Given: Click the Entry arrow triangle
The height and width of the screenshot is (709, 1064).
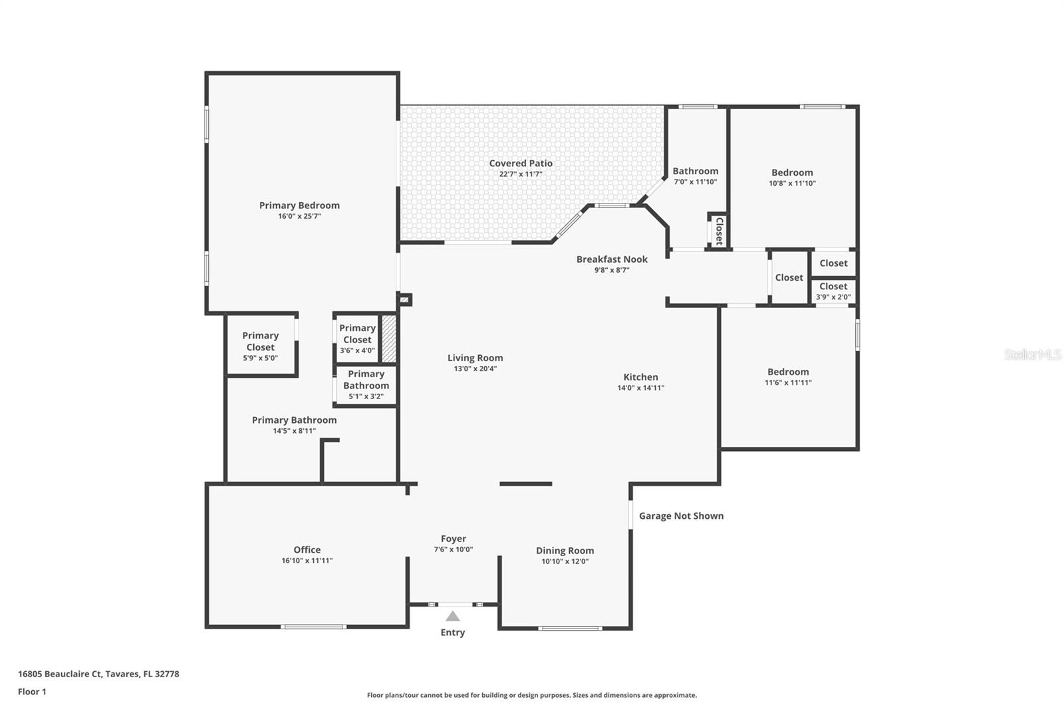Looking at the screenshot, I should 453,617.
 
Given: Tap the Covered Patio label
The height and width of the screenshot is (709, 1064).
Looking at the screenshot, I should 521,163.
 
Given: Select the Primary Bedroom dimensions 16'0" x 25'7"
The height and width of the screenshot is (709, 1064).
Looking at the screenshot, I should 299,216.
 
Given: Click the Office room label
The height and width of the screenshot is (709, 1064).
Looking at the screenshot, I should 307,549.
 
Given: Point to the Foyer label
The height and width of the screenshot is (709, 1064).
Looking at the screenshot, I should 454,539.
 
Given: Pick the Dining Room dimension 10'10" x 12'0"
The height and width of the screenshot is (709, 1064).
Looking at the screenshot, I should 565,561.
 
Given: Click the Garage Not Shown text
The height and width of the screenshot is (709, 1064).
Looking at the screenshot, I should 681,515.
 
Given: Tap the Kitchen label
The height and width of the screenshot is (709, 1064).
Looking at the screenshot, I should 640,377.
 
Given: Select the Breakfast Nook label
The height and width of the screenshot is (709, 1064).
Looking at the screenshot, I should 612,259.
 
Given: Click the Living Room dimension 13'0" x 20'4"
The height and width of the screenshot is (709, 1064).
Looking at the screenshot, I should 475,368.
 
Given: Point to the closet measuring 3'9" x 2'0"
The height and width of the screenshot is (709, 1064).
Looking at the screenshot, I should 833,291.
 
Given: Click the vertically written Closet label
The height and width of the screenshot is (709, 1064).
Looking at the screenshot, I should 719,231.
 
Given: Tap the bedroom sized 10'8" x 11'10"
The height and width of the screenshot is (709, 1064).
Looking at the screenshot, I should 792,177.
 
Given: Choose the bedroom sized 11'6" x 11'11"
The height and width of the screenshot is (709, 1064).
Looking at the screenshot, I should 788,376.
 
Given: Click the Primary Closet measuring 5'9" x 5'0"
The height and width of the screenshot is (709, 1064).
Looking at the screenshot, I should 260,346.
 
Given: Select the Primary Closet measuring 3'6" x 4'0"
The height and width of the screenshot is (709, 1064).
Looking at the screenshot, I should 357,339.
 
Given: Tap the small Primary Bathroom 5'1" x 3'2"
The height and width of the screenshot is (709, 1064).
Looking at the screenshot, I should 366,384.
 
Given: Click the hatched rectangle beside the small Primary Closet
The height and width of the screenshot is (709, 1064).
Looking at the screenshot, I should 389,339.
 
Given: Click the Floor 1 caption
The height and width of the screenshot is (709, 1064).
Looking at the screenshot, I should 32,692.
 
